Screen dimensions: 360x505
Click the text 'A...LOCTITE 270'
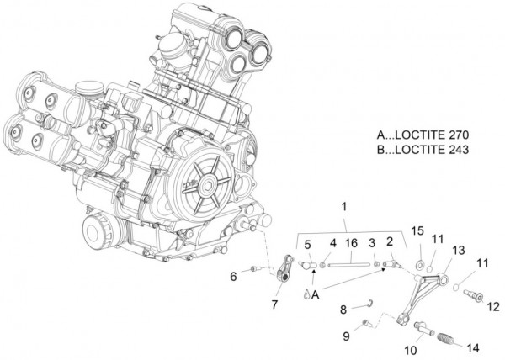click(423, 135)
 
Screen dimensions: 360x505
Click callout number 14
click(471, 347)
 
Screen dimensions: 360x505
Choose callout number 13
click(459, 251)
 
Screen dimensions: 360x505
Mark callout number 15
click(416, 230)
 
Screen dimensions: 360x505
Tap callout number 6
click(232, 276)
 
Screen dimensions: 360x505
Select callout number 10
click(412, 348)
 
